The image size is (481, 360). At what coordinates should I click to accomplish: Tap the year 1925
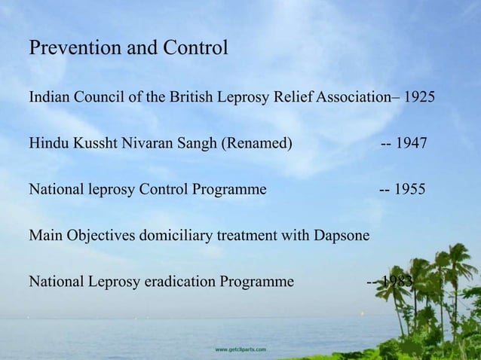coord(419,99)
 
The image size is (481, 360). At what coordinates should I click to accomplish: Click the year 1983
coord(397,282)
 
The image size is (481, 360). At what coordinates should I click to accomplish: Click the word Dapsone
coord(341,236)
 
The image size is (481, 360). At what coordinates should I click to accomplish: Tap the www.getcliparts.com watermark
coord(240,349)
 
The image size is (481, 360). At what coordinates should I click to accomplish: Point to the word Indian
coord(47,99)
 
